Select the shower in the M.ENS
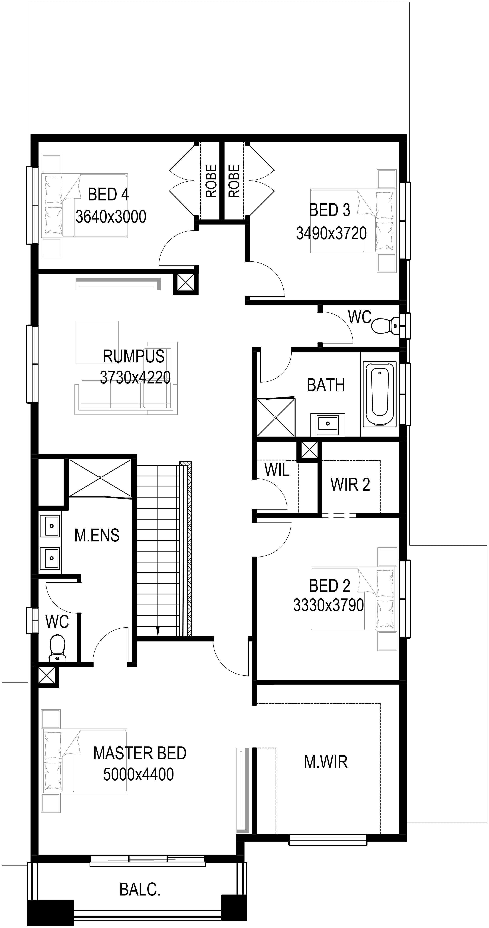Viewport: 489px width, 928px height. [100, 478]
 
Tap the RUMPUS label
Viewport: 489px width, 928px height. [134, 356]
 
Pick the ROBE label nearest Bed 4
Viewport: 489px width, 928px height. [211, 181]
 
